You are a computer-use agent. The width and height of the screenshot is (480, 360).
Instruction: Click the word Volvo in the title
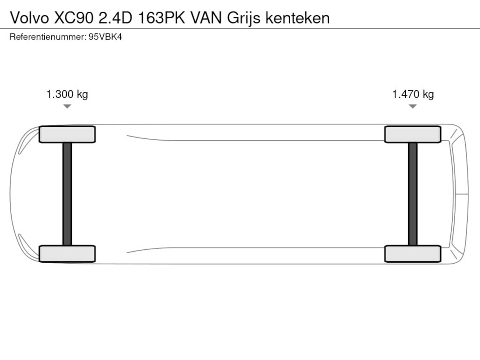[x=29, y=18]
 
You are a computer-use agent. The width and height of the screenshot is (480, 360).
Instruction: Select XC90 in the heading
[x=74, y=18]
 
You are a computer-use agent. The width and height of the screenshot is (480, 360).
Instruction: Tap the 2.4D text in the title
[x=115, y=18]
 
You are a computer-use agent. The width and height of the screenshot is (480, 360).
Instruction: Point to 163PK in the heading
[x=161, y=18]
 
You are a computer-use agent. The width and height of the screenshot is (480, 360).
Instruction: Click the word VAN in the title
[x=206, y=18]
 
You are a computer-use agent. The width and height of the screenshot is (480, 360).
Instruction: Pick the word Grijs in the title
[x=244, y=19]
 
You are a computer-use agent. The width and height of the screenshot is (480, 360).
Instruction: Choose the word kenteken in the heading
[x=297, y=18]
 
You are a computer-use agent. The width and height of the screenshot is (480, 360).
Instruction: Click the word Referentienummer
[x=48, y=37]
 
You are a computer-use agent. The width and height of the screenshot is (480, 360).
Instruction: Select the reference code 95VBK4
[x=105, y=37]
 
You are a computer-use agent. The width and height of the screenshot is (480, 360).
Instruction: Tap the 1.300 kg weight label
[x=67, y=94]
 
